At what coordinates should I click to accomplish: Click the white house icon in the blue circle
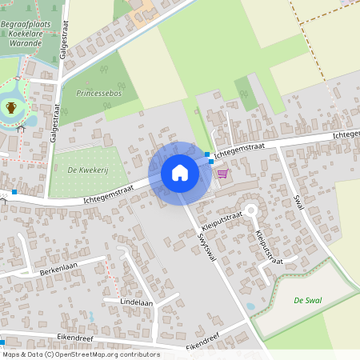[x=180, y=172]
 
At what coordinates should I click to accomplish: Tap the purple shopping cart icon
[x=222, y=173]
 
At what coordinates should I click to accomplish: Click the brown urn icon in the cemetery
[x=11, y=107]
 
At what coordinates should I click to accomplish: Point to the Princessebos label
[x=98, y=94]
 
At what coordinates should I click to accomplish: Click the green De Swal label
[x=307, y=300]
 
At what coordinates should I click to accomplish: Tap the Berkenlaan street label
[x=58, y=271]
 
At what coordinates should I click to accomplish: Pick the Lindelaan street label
[x=136, y=302]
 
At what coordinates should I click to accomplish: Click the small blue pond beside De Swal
[x=250, y=305]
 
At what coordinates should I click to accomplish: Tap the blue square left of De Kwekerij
[x=14, y=192]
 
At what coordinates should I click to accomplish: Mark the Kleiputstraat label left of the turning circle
[x=218, y=217]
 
